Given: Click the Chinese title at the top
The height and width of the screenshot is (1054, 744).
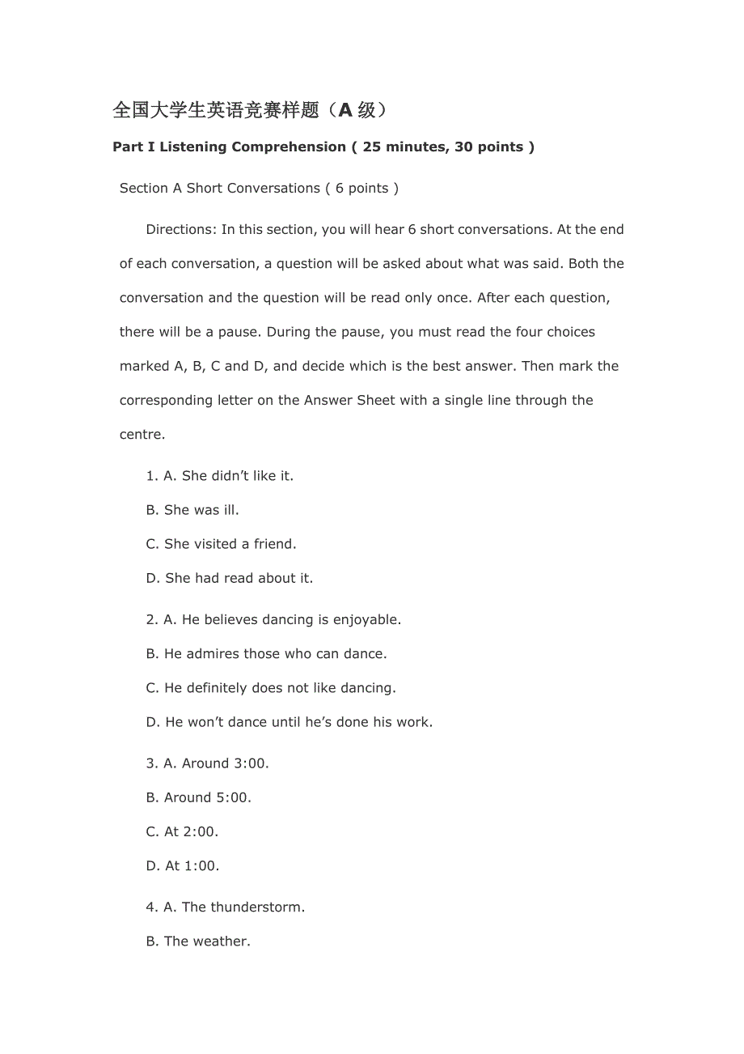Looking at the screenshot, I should point(250,110).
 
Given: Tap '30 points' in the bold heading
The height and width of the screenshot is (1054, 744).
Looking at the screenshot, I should point(489,147).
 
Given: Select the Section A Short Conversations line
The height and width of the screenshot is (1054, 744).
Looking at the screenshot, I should point(259,188).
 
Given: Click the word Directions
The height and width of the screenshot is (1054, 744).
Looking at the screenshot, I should point(180,229).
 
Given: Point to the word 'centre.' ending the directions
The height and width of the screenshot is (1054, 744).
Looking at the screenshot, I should point(142,434).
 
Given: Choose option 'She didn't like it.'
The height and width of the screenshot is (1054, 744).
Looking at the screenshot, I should point(237,476).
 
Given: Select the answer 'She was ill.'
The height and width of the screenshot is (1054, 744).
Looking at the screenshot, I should point(201,510).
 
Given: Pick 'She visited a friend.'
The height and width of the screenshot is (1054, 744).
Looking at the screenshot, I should point(230,544).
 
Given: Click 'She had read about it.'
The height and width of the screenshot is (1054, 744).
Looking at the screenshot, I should point(239,578).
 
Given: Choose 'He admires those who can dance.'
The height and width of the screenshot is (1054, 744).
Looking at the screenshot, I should point(275,653).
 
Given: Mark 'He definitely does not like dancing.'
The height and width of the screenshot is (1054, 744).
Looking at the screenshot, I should point(280,687).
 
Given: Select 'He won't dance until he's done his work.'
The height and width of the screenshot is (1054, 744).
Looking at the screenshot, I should point(298,721).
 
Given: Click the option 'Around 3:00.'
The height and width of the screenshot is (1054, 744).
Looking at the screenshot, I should point(225,763).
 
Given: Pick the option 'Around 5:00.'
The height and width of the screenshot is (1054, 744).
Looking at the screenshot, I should point(207,797).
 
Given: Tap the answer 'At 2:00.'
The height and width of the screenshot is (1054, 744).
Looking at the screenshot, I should point(191,831).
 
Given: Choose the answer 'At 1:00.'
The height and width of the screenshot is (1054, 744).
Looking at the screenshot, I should point(192,865).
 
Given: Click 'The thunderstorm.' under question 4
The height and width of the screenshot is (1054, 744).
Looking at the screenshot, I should point(243,907).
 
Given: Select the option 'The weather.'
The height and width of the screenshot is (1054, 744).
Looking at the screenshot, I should point(206,941).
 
